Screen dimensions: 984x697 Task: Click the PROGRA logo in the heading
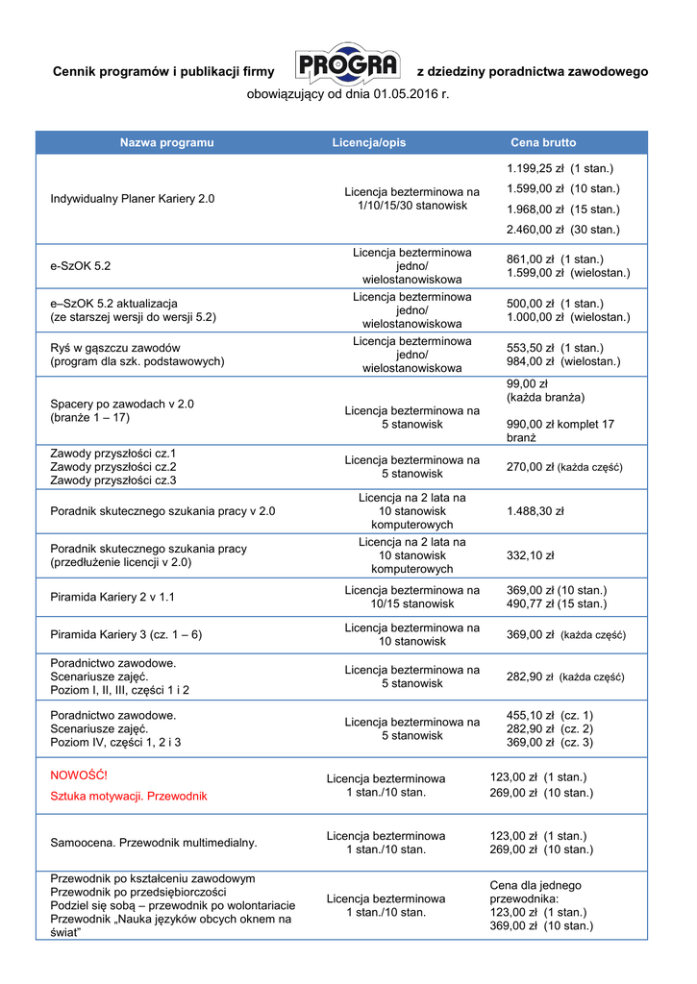(346, 66)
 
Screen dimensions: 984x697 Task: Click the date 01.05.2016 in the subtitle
(399, 95)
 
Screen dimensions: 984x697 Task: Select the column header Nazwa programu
(166, 142)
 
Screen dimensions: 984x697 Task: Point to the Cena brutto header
(543, 142)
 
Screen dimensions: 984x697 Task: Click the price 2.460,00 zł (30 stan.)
(562, 230)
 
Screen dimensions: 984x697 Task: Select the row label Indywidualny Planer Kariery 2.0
(133, 199)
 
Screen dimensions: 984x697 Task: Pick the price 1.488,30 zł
(535, 511)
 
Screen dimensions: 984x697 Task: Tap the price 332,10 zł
(530, 555)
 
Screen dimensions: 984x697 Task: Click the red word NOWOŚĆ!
(79, 775)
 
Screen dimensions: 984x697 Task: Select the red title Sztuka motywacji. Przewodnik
(129, 796)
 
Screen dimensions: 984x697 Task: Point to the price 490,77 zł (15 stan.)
(556, 603)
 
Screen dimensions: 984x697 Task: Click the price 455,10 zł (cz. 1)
(549, 715)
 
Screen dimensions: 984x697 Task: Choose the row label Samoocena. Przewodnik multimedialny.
(154, 843)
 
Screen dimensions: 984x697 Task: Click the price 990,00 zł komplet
(560, 424)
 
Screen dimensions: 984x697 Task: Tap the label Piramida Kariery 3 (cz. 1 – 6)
(126, 635)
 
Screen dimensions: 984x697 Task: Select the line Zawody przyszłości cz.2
(113, 466)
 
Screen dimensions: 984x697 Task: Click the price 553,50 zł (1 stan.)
(555, 348)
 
